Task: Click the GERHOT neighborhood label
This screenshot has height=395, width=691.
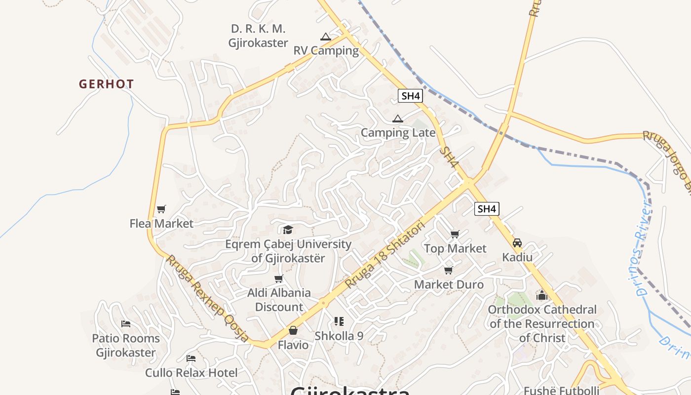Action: pyautogui.click(x=106, y=84)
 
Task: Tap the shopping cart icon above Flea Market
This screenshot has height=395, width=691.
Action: pyautogui.click(x=161, y=209)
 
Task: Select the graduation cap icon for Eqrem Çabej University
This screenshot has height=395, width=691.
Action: pyautogui.click(x=288, y=230)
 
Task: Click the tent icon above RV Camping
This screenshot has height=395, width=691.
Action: pyautogui.click(x=325, y=37)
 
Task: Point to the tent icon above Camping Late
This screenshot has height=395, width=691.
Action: pyautogui.click(x=397, y=118)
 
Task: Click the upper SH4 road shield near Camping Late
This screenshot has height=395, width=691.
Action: pyautogui.click(x=411, y=96)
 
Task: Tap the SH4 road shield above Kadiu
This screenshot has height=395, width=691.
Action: pyautogui.click(x=487, y=209)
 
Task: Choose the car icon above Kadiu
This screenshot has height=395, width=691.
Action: pyautogui.click(x=517, y=243)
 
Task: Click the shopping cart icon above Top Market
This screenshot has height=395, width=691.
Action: pyautogui.click(x=455, y=234)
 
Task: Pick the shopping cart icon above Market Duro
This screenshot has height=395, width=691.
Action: pyautogui.click(x=448, y=270)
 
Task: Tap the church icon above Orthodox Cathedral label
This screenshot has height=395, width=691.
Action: pyautogui.click(x=542, y=295)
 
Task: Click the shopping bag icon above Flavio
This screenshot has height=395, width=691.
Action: pyautogui.click(x=293, y=330)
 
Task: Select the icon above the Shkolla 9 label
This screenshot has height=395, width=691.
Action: pyautogui.click(x=339, y=321)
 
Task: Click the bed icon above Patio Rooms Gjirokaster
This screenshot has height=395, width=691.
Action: pyautogui.click(x=126, y=324)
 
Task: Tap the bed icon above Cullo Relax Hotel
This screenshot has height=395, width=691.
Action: pyautogui.click(x=191, y=358)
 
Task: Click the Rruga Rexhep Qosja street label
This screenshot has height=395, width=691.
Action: pyautogui.click(x=208, y=298)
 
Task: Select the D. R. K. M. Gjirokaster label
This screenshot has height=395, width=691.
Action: pyautogui.click(x=258, y=36)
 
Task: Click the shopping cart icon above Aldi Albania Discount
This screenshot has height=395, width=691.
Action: pyautogui.click(x=279, y=279)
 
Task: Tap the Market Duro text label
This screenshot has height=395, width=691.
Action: pyautogui.click(x=449, y=284)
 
